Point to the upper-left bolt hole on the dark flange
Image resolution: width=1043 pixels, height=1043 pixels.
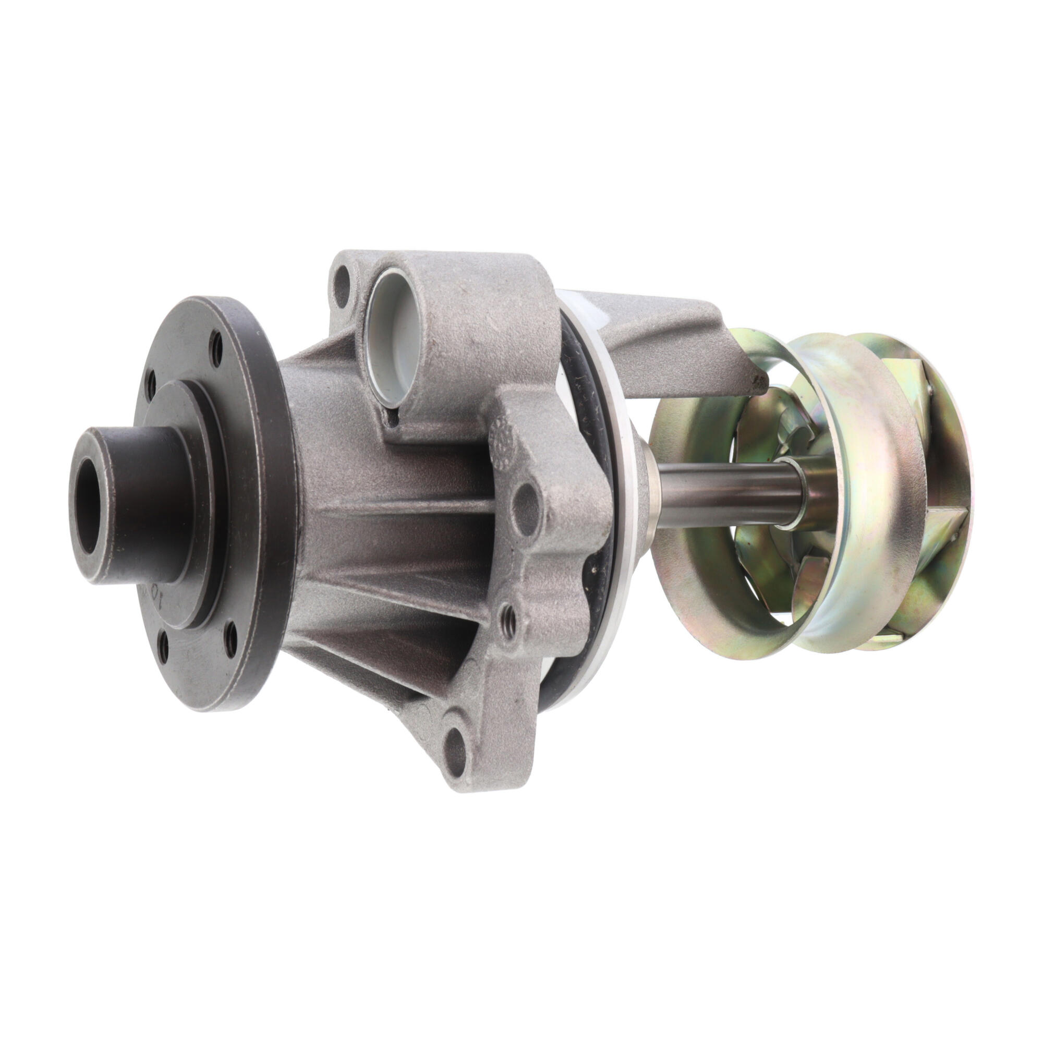click(152, 383)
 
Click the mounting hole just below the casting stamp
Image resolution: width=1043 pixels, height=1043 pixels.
click(524, 503)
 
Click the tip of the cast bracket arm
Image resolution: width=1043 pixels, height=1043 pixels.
click(756, 383)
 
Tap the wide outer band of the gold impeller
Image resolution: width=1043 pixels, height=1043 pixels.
click(858, 486)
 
